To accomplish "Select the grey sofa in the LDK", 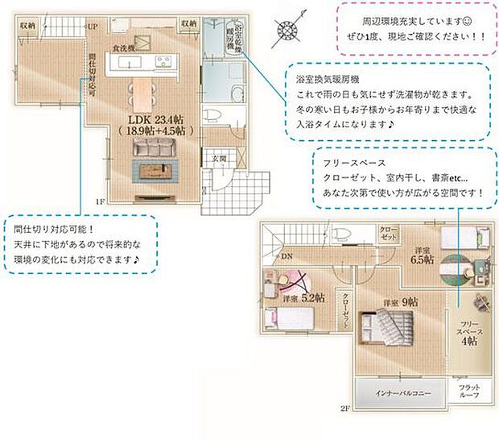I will tap(153, 147).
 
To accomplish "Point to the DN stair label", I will tap(287, 256).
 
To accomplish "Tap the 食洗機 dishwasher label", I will tap(122, 48).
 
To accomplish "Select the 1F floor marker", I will tap(100, 201).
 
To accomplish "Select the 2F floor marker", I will tap(344, 409).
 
